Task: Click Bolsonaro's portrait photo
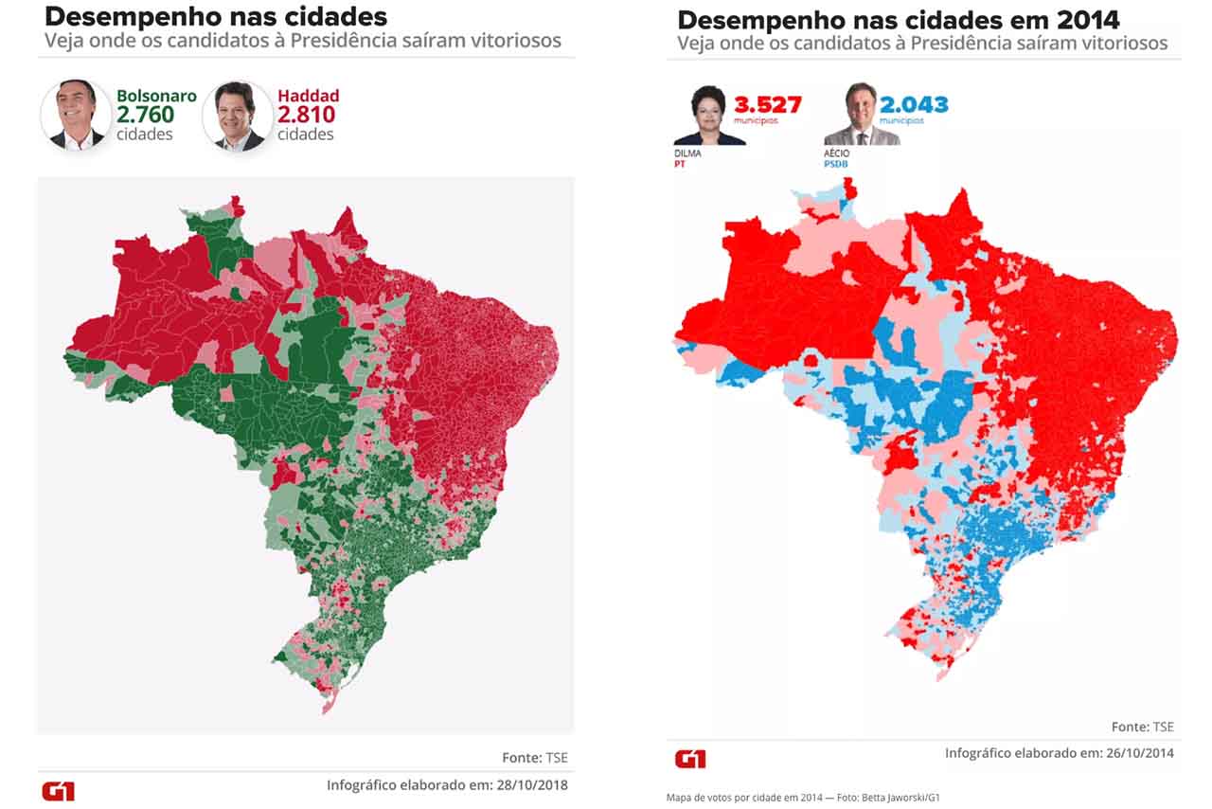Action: point(77,116)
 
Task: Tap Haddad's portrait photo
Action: point(238,116)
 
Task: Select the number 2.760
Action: point(145,115)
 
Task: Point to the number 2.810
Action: point(306,115)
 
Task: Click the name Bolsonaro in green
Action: point(156,96)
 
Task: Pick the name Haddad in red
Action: point(308,96)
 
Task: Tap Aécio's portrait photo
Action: point(861,116)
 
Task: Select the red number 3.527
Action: point(767,104)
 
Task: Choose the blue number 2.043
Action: point(914,104)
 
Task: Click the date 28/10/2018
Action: point(530,785)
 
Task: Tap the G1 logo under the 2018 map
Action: point(58,791)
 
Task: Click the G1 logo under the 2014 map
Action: point(690,759)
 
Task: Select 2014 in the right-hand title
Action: point(1088,21)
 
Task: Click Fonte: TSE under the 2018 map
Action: point(535,758)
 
